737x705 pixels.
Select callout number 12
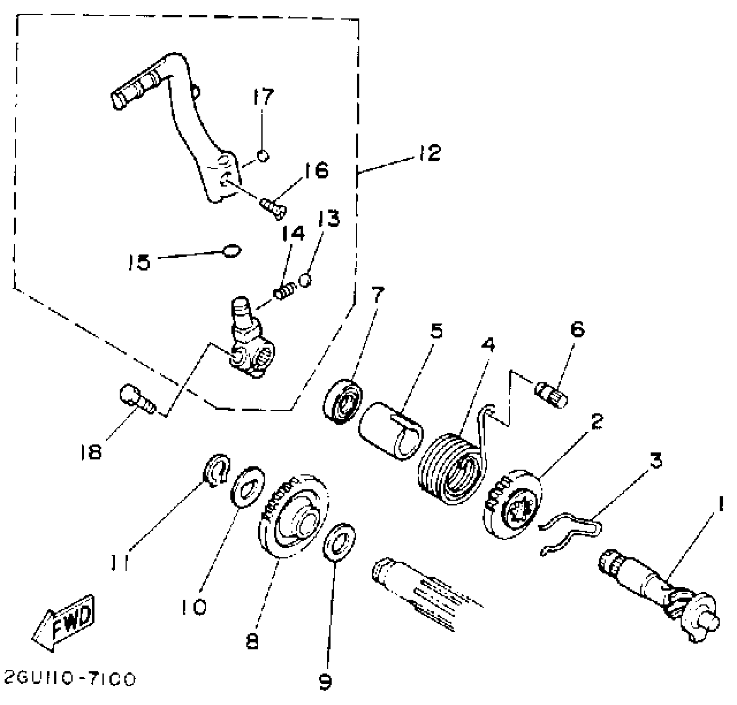[428, 153]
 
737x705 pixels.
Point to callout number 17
[263, 97]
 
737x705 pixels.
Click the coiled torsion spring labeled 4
[452, 469]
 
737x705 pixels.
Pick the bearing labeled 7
[343, 401]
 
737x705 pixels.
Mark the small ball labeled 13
[305, 280]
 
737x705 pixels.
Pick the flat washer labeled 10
[248, 486]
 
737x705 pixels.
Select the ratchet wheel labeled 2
[513, 503]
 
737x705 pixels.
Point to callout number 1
[720, 505]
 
